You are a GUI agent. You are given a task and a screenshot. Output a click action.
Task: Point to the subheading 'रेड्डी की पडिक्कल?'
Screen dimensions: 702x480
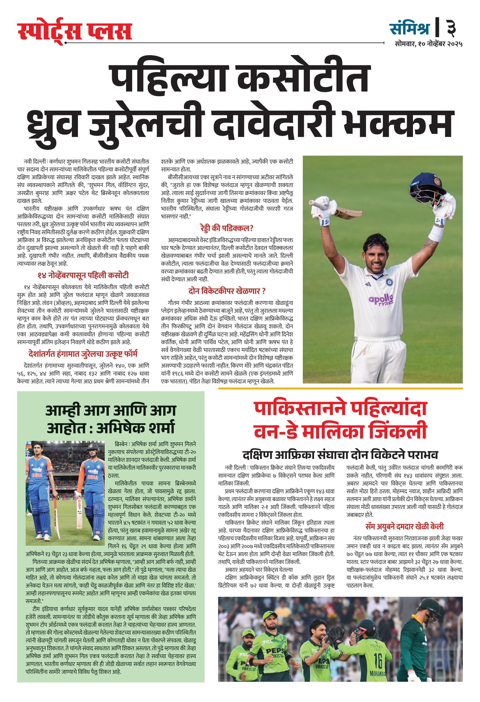[x=227, y=228]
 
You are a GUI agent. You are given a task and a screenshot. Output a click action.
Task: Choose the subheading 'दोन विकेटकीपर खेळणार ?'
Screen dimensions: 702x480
[x=227, y=291]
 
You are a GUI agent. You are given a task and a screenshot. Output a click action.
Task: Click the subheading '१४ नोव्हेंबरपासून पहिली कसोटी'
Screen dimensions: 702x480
[x=83, y=275]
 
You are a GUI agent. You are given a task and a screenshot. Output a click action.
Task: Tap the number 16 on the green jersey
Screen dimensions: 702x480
[x=378, y=660]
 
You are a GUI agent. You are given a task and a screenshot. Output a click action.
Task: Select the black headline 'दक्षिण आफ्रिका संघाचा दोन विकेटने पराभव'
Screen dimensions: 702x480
[x=340, y=455]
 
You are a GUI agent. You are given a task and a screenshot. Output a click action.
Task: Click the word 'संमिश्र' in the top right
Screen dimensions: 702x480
[x=410, y=28]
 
